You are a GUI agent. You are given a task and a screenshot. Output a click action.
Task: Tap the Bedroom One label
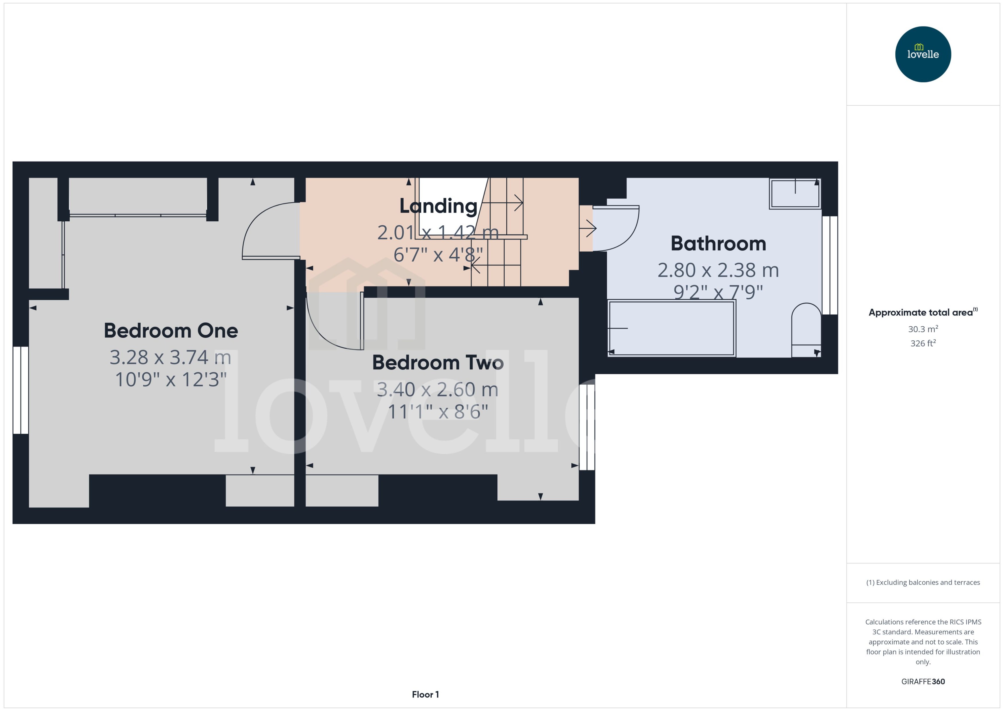click(171, 331)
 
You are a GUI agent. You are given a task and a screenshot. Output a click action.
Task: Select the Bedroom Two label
click(437, 363)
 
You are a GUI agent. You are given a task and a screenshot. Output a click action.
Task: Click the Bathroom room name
click(718, 243)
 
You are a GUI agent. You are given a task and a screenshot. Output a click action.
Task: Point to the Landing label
click(438, 206)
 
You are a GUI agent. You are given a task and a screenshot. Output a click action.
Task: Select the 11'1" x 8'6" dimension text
click(437, 412)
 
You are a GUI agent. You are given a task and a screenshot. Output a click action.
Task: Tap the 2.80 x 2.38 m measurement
click(718, 270)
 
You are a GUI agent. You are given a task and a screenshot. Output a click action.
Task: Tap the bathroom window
click(830, 265)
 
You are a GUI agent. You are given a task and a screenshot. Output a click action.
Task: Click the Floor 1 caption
click(425, 694)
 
